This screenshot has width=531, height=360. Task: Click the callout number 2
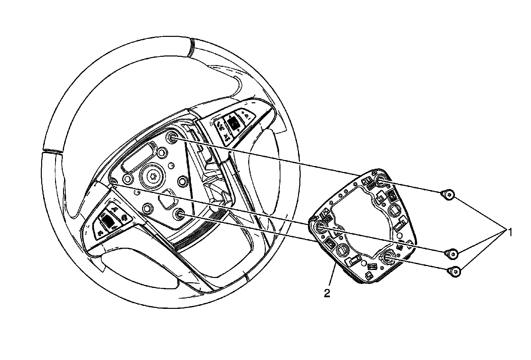tap(327, 293)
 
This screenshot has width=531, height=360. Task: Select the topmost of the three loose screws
tap(448, 195)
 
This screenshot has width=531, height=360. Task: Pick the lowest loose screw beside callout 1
tap(455, 272)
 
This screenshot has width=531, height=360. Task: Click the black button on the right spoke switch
tap(234, 123)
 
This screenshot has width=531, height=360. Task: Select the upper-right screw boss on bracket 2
tap(381, 180)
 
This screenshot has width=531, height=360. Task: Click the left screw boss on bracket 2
tap(321, 227)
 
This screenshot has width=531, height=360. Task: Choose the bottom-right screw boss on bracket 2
tap(387, 257)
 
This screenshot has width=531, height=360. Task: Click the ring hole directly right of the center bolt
tap(183, 180)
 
